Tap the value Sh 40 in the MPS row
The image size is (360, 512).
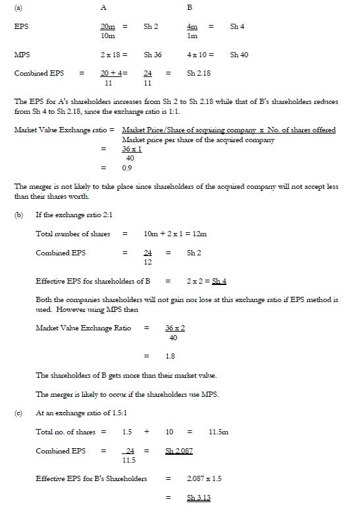[239, 55]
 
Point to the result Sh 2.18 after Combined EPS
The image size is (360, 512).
[199, 73]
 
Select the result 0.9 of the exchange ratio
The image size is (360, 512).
[128, 168]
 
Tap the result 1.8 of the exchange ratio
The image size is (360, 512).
[170, 356]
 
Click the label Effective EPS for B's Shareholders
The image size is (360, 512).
[91, 478]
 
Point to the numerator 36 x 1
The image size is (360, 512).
[132, 149]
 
